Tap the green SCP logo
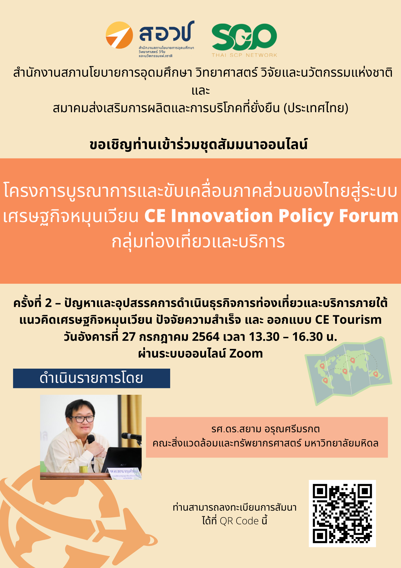click(x=244, y=37)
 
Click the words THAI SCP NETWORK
click(x=244, y=55)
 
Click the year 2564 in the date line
click(x=206, y=337)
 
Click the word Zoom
click(x=246, y=354)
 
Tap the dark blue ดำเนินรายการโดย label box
click(x=92, y=378)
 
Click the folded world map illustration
click(x=349, y=371)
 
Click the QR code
click(x=342, y=513)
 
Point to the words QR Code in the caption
click(x=239, y=521)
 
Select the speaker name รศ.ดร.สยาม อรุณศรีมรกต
click(x=266, y=429)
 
